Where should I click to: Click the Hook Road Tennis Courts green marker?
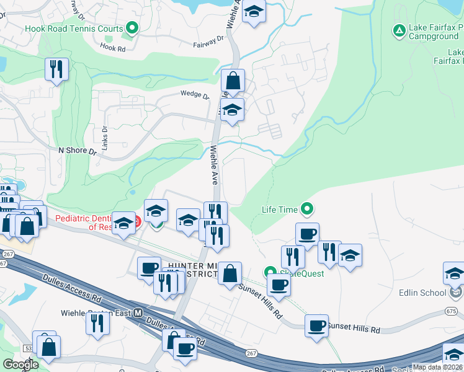click(x=132, y=28)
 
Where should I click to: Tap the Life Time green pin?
click(x=306, y=209)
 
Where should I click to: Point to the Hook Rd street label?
click(x=114, y=48)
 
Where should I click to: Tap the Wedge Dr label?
click(x=195, y=94)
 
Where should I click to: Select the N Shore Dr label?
click(x=78, y=151)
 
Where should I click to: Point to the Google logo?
click(x=21, y=364)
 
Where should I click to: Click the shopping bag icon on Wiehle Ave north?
click(x=233, y=80)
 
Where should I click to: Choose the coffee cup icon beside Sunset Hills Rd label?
click(x=316, y=325)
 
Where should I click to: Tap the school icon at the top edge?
click(x=253, y=11)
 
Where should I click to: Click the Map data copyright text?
click(x=437, y=367)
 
